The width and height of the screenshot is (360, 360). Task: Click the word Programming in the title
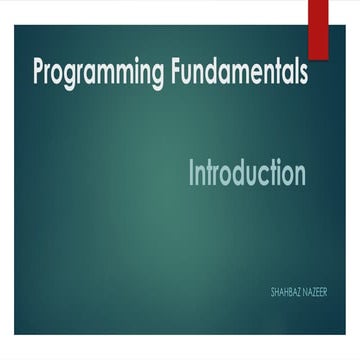(x=95, y=75)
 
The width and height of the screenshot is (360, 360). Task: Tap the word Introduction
(x=247, y=173)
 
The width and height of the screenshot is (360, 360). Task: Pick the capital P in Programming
(x=39, y=73)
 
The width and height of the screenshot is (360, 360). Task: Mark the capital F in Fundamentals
(x=171, y=72)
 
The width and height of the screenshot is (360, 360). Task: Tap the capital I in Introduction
(x=192, y=173)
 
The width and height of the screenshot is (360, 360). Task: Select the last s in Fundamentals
(x=302, y=75)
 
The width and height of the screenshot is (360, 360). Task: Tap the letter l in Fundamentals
(x=293, y=72)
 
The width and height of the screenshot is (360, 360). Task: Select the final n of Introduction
(x=299, y=175)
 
